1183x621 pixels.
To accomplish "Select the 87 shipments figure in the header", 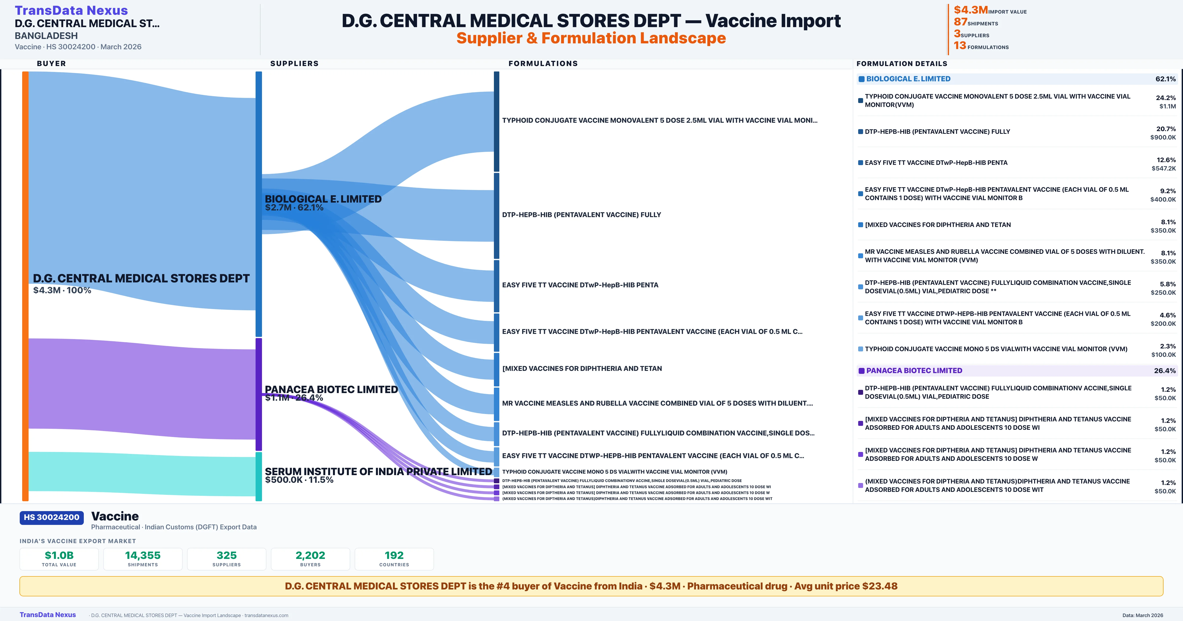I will point(960,22).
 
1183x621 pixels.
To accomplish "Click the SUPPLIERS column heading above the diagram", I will point(294,63).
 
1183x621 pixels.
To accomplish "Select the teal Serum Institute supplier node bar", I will point(259,476).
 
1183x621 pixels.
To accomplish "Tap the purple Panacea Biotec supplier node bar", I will point(259,394).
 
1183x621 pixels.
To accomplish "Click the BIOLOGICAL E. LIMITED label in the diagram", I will point(323,199).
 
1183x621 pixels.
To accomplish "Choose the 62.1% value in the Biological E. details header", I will point(1165,79).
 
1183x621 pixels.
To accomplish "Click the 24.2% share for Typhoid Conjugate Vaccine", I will point(1166,98).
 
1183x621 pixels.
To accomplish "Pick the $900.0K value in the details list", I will point(1163,137).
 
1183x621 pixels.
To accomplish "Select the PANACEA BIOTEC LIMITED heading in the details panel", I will point(914,371).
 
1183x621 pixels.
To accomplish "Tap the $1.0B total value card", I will point(59,559).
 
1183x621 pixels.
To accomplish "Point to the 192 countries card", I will point(394,559).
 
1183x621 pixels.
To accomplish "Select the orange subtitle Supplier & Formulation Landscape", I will point(591,38).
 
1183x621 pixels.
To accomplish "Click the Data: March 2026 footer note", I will point(1143,615).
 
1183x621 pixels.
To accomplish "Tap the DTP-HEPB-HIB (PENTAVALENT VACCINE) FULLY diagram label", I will point(581,214).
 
